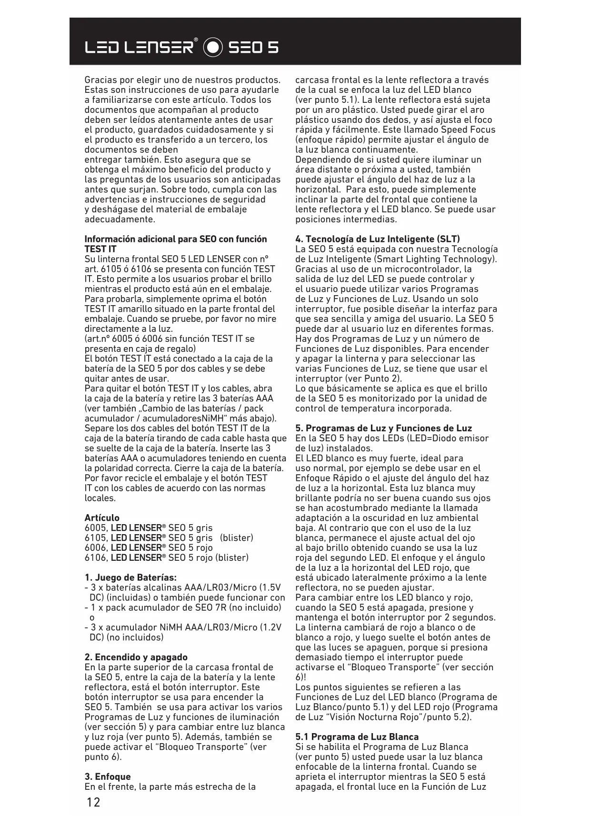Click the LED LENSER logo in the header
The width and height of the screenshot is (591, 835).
141,47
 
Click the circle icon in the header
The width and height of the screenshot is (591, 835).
213,47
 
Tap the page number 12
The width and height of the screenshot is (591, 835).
93,802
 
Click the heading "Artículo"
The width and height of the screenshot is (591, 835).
102,518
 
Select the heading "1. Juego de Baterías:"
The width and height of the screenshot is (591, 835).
130,578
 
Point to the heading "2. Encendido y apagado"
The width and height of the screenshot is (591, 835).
136,657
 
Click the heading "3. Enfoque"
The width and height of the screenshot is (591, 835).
107,777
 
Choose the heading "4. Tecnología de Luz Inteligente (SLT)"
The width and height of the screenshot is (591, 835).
378,239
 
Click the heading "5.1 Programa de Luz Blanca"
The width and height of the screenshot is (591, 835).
357,737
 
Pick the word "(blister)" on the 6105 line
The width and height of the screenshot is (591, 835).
237,538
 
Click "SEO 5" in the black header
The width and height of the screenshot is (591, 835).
253,48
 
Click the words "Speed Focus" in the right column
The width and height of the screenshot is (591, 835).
468,129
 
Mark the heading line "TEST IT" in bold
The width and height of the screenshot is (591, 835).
100,249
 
